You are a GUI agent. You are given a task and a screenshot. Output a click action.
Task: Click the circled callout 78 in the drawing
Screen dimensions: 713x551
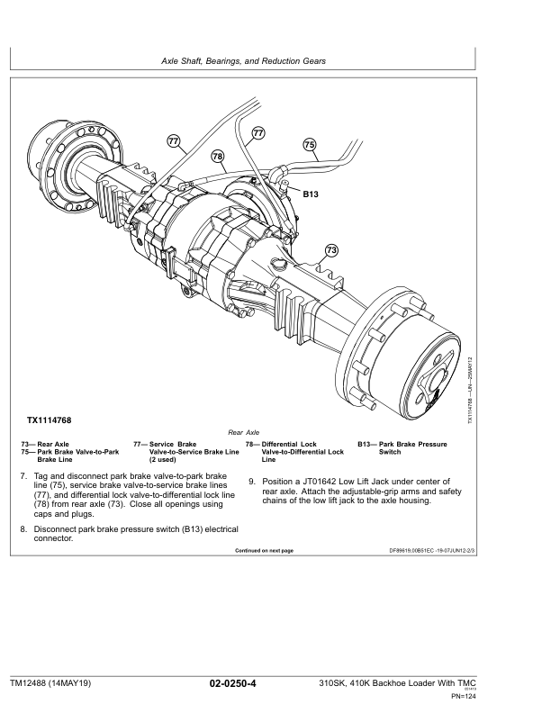tap(217, 157)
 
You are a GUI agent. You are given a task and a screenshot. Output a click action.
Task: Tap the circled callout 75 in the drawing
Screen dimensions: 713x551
tap(309, 144)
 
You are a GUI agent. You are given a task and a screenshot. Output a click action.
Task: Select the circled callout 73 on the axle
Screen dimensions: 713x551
tap(331, 249)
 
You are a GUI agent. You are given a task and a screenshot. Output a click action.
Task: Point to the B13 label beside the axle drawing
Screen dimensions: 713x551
tap(311, 194)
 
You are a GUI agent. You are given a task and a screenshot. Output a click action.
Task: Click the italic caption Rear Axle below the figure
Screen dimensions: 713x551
tap(244, 433)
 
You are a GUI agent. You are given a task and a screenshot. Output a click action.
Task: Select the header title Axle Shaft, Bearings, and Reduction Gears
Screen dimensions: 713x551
tap(243, 60)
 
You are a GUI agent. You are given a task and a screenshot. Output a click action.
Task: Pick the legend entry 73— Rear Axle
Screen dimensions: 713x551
tap(44, 444)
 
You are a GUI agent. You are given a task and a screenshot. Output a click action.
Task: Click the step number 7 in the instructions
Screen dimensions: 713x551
tap(23, 474)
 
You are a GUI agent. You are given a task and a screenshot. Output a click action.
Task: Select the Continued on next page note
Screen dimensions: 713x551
tap(264, 550)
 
